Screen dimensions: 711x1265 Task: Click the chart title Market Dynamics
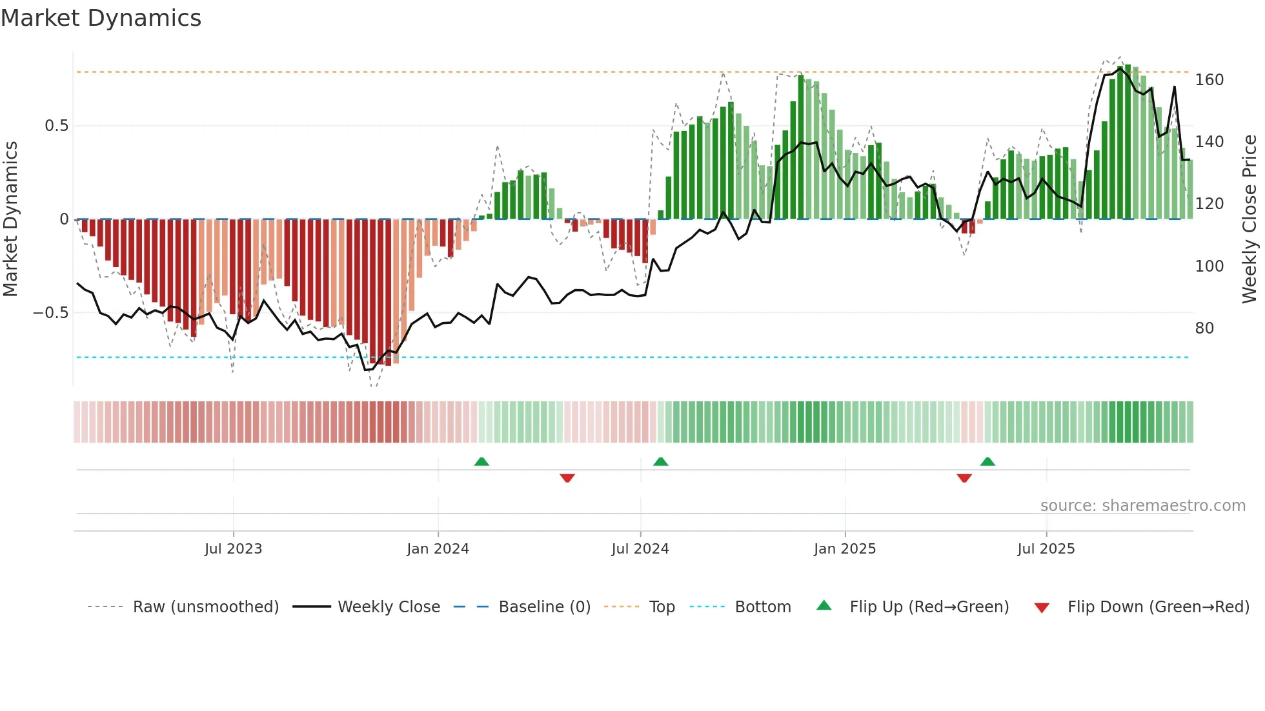pos(101,18)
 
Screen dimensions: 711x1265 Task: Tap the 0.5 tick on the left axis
pos(56,126)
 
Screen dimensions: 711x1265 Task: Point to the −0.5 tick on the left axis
pos(51,313)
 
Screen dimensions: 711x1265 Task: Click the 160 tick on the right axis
pos(1209,80)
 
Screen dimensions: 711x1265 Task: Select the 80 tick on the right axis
pos(1204,328)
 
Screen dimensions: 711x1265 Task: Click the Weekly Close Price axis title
pos(1250,219)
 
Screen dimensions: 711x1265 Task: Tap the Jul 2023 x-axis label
pos(233,549)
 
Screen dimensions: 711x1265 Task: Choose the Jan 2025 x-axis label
pos(844,549)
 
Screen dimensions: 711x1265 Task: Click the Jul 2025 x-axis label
pos(1046,549)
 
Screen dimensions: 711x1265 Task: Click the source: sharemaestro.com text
pos(1142,506)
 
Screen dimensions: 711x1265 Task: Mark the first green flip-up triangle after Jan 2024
pos(481,461)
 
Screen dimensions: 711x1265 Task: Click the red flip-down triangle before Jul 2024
pos(567,478)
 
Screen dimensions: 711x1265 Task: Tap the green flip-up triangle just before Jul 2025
pos(987,461)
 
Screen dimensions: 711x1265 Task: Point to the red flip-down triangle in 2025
pos(964,478)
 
